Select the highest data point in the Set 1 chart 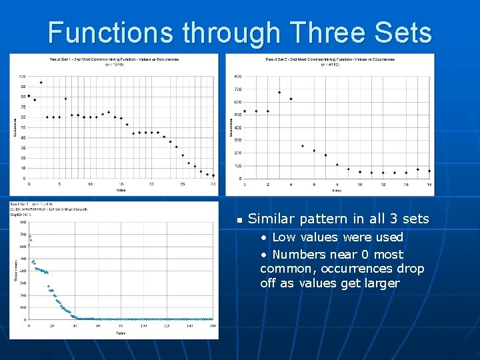pos(41,83)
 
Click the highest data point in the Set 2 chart pos(279,92)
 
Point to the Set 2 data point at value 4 pos(291,99)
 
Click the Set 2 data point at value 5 pos(302,146)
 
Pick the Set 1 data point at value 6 pos(65,99)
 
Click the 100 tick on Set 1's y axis pos(22,76)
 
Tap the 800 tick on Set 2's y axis pos(238,76)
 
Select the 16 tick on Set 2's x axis pos(429,184)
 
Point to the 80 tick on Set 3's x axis pos(121,326)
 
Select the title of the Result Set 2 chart pos(330,59)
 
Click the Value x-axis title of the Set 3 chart pos(121,333)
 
